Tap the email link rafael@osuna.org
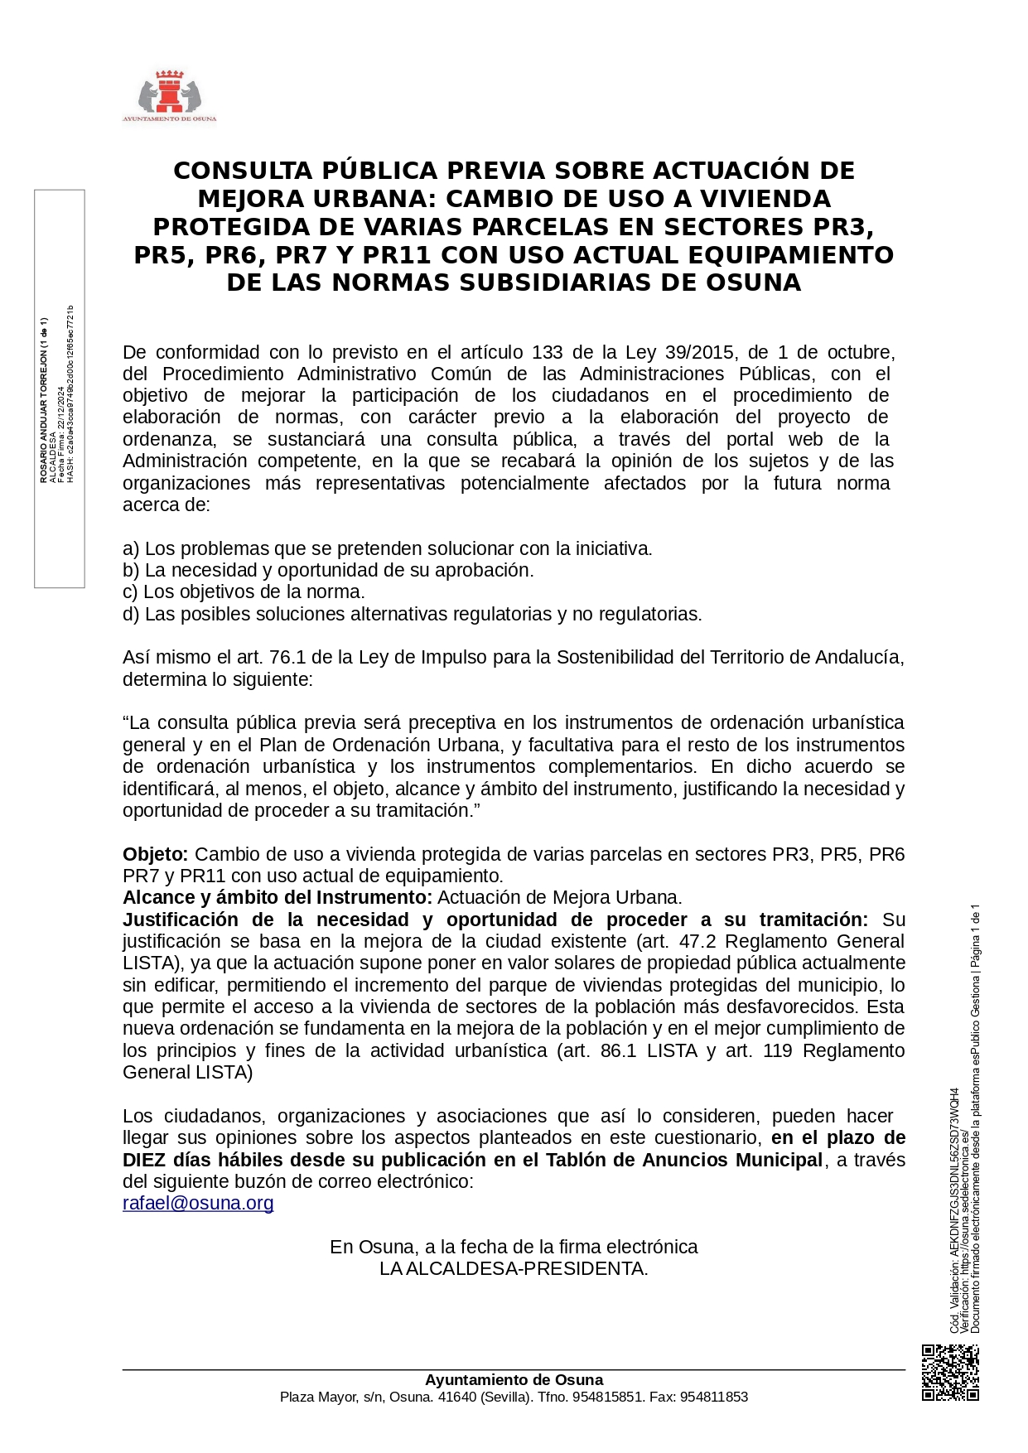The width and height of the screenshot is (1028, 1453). pos(198,1203)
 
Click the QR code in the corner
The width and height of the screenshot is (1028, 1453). pos(950,1373)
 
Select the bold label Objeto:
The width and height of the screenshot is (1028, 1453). pos(156,854)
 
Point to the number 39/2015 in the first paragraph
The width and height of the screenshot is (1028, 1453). pos(700,352)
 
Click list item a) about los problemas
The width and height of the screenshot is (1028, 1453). pos(388,548)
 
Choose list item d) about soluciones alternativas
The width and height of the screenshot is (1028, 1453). pos(413,614)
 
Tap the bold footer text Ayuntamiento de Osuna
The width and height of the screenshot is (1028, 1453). pos(514,1380)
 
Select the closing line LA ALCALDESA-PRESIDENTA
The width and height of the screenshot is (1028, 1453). pos(514,1268)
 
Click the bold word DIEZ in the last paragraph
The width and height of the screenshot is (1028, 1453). pos(146,1160)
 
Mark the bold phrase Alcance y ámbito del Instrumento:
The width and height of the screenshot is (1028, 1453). pos(278,897)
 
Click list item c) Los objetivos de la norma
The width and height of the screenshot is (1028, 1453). pos(244,591)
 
